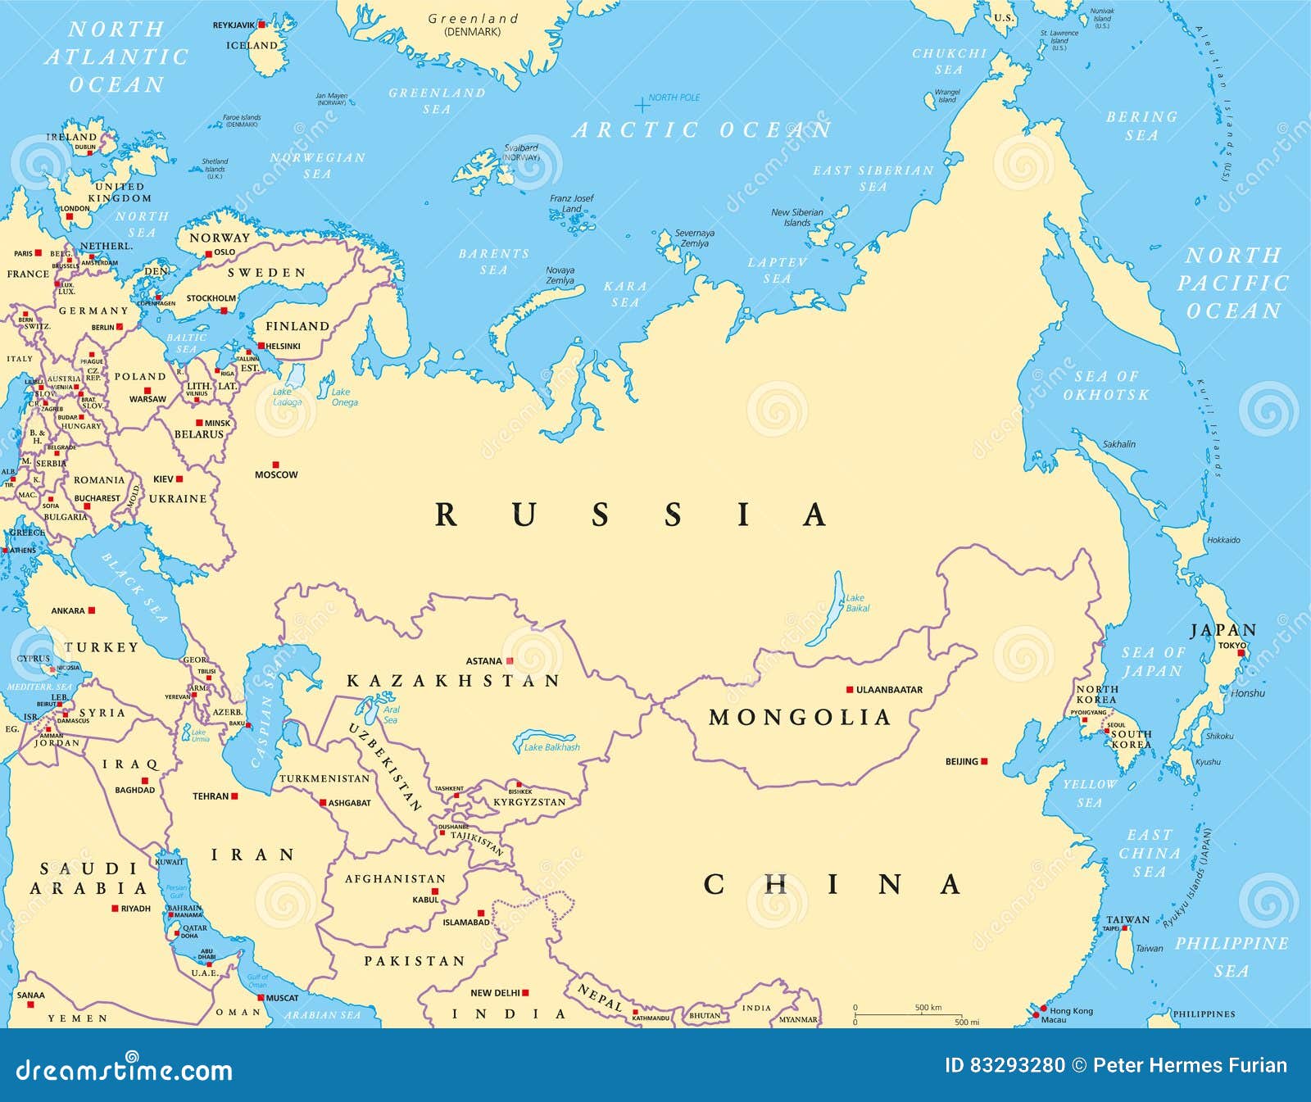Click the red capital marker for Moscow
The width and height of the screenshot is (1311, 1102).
point(276,465)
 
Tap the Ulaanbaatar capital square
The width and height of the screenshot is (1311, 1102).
point(850,690)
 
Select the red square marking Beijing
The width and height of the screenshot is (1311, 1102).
point(984,761)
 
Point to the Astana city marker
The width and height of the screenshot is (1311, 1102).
point(510,660)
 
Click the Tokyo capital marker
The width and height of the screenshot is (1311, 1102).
point(1241,654)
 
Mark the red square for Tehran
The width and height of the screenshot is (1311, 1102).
point(234,796)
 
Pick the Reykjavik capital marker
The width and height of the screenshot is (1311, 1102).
point(261,25)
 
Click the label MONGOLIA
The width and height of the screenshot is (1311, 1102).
point(800,718)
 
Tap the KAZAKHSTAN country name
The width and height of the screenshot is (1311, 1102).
point(453,681)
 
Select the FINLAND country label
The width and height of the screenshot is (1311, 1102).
point(297,326)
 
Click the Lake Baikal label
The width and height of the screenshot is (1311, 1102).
point(857,603)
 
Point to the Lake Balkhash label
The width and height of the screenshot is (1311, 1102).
point(551,747)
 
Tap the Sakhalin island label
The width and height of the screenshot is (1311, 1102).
point(1119,444)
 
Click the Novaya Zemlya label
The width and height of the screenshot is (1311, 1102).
point(560,275)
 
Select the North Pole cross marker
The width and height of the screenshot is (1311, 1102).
point(642,105)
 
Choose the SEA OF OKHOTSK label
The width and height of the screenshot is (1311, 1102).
point(1106,385)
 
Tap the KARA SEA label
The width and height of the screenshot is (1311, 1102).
point(625,294)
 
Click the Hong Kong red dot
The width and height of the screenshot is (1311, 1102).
point(1043,1009)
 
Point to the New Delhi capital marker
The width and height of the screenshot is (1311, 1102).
point(525,992)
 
